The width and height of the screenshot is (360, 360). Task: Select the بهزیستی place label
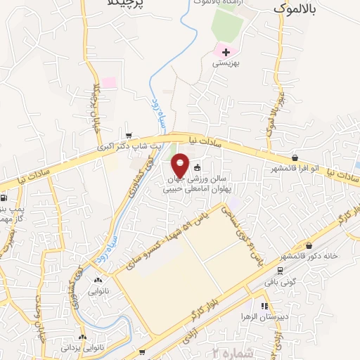[226, 63]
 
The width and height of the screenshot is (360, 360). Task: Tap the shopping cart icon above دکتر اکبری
[127, 136]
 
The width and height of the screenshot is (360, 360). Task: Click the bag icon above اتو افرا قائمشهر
[294, 158]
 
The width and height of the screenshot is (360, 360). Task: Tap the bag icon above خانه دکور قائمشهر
[310, 245]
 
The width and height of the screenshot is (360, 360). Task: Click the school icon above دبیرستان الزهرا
[264, 307]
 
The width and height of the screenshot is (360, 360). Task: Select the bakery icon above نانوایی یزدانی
[84, 336]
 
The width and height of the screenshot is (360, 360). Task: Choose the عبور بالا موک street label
[269, 112]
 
